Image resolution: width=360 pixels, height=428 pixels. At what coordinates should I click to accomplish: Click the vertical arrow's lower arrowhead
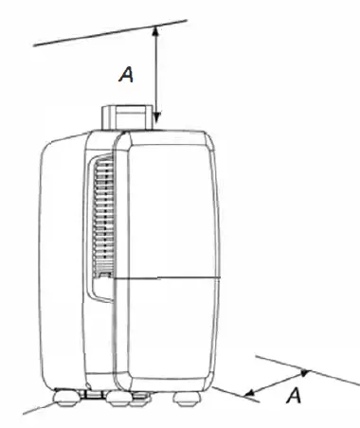(157, 120)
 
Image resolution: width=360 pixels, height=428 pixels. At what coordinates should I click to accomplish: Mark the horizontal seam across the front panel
(171, 277)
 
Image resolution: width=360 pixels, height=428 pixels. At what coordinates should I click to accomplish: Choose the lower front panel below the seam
(171, 327)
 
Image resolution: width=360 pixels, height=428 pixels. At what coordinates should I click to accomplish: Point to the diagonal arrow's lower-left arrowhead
(248, 391)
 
